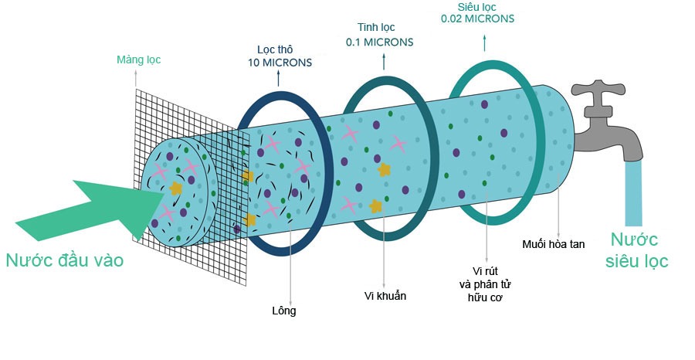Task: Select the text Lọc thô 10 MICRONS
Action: tap(280, 56)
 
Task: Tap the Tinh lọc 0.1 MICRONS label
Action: tap(379, 36)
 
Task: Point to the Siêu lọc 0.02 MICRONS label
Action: tap(477, 12)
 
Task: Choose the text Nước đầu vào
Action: tap(64, 261)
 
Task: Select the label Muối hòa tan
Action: tap(554, 244)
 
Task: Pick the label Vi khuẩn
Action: tap(385, 296)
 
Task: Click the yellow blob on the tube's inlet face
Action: tap(176, 188)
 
